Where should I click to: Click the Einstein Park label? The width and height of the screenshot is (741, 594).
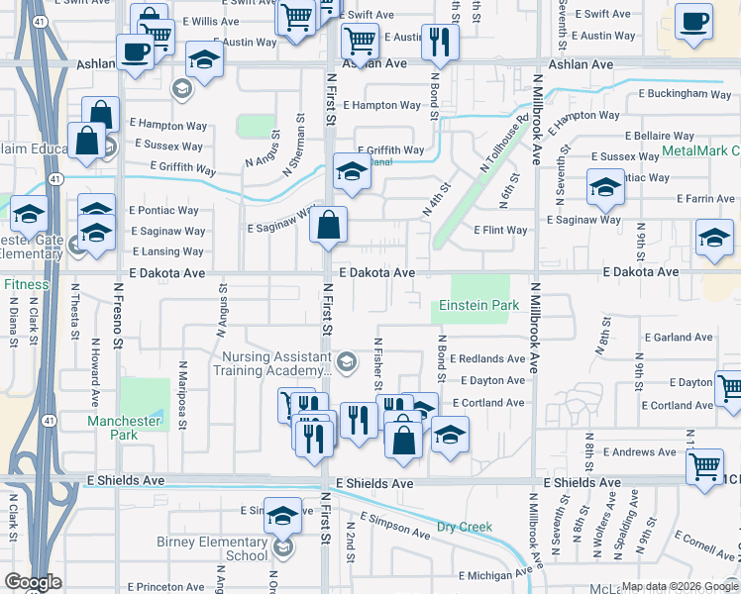(479, 305)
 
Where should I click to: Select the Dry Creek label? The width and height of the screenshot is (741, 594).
(465, 527)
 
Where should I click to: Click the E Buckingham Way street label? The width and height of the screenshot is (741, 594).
(677, 94)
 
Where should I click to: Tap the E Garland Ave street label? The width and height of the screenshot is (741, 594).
(678, 338)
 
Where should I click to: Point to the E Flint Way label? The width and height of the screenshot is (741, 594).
(500, 230)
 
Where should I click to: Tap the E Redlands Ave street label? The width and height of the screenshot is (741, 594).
(486, 358)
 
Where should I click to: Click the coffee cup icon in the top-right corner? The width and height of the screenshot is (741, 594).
(693, 22)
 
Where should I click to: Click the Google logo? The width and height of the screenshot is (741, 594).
(35, 582)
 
